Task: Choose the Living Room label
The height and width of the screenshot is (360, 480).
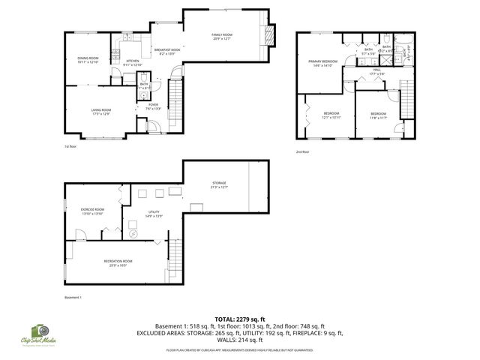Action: click(100, 111)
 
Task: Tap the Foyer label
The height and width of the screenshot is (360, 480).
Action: click(153, 106)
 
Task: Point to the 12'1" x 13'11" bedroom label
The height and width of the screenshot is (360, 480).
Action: click(331, 115)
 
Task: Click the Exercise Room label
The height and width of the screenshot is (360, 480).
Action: click(92, 211)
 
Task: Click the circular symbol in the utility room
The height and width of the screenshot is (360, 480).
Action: click(133, 233)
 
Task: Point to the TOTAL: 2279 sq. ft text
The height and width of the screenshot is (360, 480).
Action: click(239, 319)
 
